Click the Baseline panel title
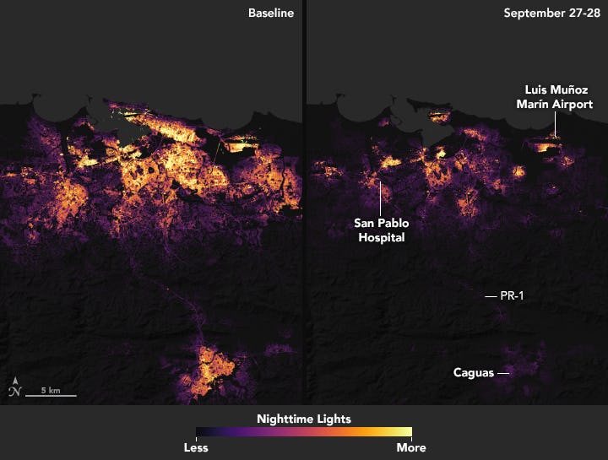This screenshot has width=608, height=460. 270,14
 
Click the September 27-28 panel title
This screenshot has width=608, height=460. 551,14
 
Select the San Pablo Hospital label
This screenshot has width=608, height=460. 380,230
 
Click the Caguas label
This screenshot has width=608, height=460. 473,372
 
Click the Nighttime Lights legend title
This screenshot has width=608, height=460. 304,419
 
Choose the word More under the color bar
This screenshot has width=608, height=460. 411,447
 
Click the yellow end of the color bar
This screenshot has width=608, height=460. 406,432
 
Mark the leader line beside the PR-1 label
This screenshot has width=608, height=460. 490,296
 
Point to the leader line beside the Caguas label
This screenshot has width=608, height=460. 503,372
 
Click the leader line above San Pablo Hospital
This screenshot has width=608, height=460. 380,198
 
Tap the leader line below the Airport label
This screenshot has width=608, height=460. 555,124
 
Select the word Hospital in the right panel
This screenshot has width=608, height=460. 380,238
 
